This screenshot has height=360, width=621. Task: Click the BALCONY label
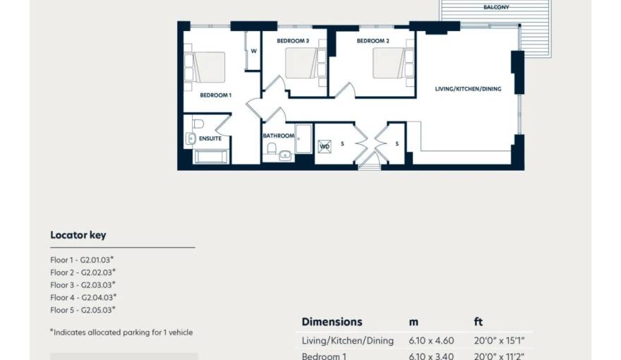click(496, 7)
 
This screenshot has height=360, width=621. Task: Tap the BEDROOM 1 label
click(215, 95)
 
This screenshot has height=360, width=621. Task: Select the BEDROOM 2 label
click(373, 41)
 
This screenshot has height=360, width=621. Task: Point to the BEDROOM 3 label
click(293, 41)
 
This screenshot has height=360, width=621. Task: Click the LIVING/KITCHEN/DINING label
click(468, 89)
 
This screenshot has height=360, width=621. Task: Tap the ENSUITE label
click(210, 138)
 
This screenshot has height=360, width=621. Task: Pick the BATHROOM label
click(278, 136)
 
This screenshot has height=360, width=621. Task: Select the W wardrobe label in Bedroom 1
click(253, 51)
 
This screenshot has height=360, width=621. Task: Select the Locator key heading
click(78, 235)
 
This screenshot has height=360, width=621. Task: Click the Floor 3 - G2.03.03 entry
click(83, 284)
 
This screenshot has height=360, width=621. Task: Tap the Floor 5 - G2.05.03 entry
click(83, 310)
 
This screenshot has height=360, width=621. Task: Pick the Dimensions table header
click(332, 322)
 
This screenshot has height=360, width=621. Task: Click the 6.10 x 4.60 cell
click(431, 341)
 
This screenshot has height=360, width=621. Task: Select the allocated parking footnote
click(121, 332)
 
